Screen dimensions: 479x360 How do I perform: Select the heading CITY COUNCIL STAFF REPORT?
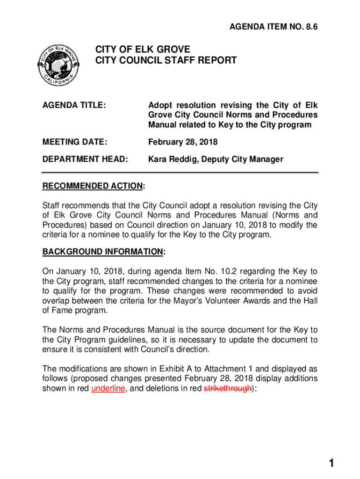[x=166, y=60]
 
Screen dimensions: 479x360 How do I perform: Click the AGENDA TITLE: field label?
[x=74, y=105]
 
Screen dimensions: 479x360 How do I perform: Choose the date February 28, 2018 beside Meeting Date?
[x=183, y=142]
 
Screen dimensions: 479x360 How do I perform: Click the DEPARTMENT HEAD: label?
[x=85, y=159]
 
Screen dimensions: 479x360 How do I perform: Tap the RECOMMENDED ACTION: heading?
[x=94, y=187]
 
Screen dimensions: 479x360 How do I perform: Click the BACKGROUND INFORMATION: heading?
[x=104, y=252]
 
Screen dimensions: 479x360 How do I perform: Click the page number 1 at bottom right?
[x=331, y=464]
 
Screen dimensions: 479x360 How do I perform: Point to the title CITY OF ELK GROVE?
[x=143, y=49]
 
